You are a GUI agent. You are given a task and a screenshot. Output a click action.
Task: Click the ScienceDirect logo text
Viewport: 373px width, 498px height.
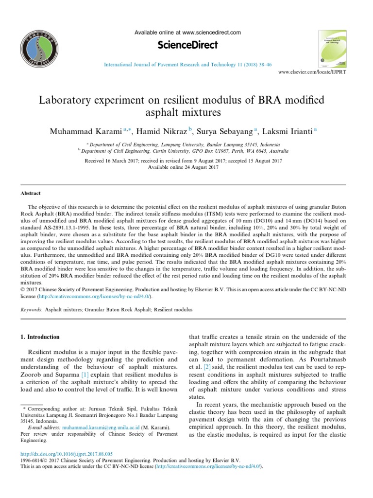(x=187, y=45)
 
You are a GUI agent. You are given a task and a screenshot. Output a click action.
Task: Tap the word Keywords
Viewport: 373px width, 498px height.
(x=31, y=309)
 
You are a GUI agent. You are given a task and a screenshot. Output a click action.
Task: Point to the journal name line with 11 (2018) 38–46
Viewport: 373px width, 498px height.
(x=187, y=64)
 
